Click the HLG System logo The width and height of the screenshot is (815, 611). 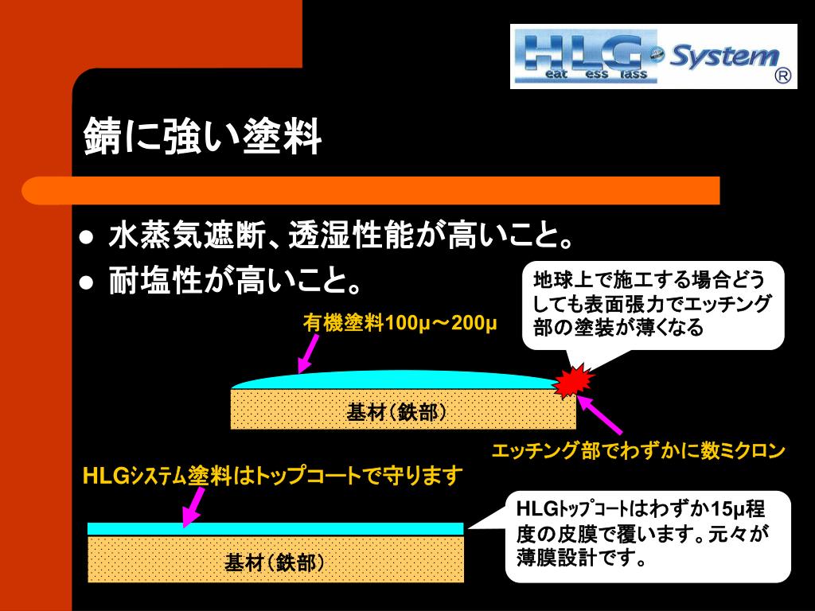point(653,56)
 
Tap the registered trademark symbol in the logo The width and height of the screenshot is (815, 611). point(782,76)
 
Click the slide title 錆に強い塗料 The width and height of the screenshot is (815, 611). point(203,138)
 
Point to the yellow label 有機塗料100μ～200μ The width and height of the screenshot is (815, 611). point(400,325)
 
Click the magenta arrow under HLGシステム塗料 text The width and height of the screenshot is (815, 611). point(193,507)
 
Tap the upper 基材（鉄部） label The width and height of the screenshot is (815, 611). point(396,412)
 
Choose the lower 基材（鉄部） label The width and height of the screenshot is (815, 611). point(275,563)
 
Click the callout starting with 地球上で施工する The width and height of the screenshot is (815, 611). point(653,304)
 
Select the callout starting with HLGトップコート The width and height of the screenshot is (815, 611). point(648,535)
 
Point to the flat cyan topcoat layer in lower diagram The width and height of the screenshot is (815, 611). point(275,528)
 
